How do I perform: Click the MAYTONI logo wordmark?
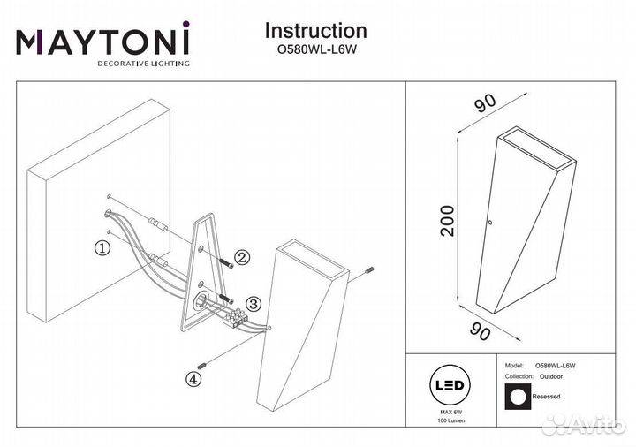[102, 42]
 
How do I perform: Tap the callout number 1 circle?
[103, 248]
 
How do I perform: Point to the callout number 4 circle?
[193, 379]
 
